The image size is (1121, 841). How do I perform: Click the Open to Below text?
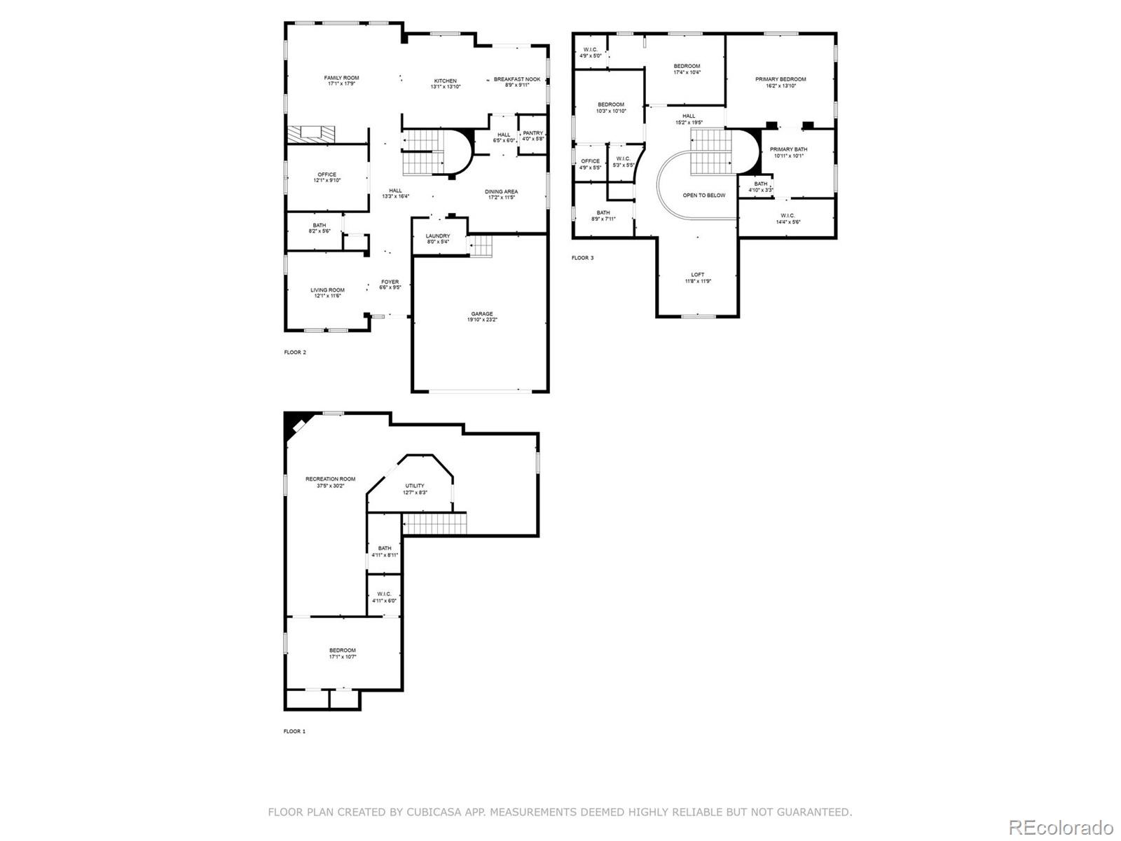[703, 196]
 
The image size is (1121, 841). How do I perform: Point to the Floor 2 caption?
[295, 353]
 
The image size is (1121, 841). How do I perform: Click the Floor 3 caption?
[582, 258]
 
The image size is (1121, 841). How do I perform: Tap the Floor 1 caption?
[294, 732]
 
